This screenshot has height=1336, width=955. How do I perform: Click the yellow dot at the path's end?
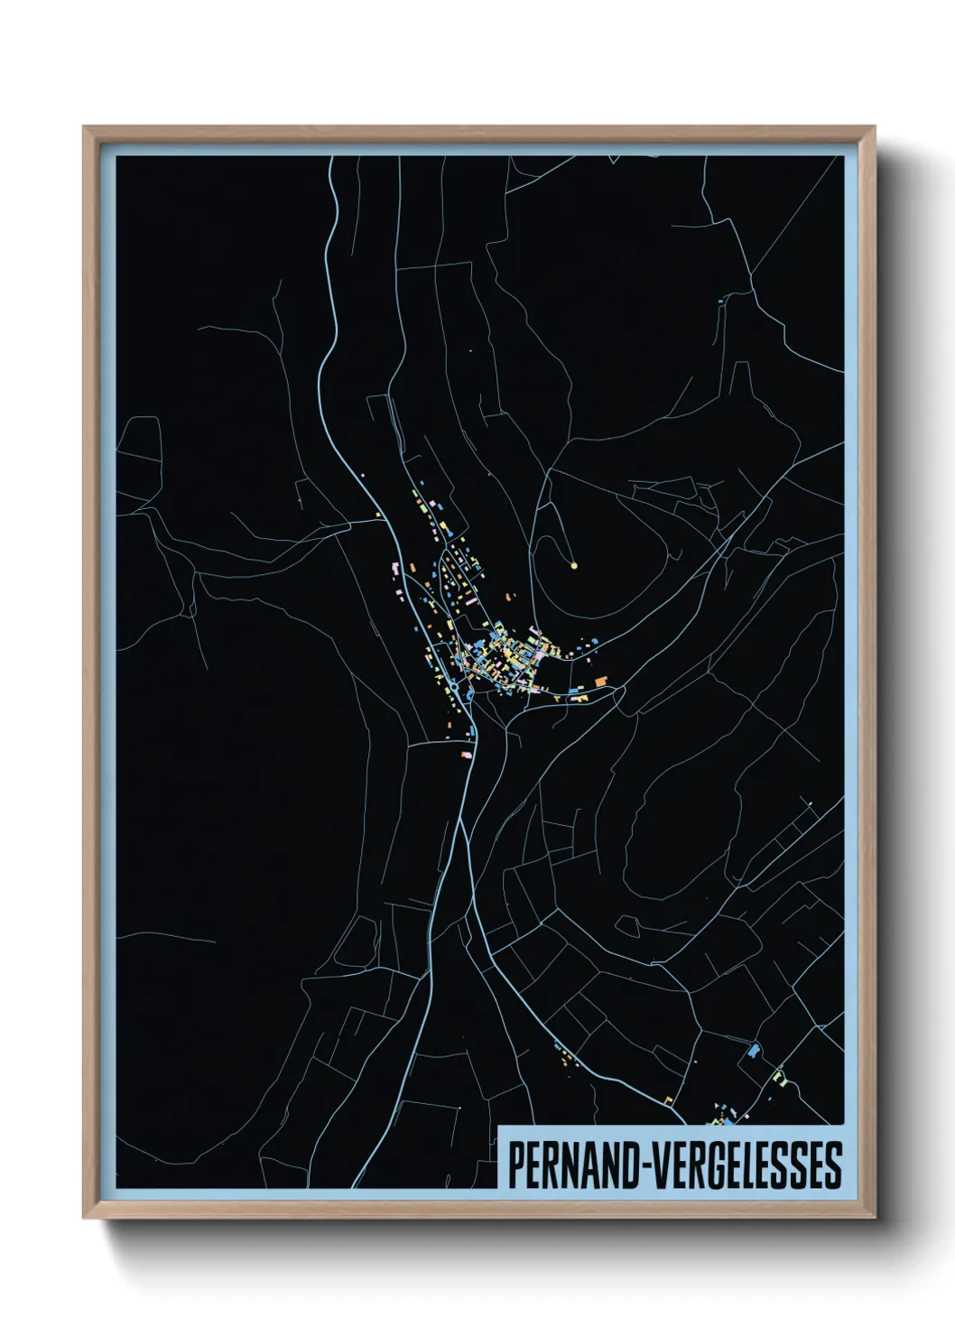tap(574, 566)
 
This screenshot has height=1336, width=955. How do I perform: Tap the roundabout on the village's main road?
tap(468, 695)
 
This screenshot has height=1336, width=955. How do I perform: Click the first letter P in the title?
tap(515, 1165)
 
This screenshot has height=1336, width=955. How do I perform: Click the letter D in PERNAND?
tap(622, 1165)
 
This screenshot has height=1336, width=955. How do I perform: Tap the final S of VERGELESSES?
tap(833, 1165)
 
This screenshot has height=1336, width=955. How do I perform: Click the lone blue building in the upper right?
tap(720, 301)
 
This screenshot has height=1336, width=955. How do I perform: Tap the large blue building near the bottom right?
tap(754, 1051)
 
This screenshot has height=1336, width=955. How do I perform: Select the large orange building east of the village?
tap(600, 681)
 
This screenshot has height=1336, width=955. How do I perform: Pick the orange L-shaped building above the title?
tap(669, 1099)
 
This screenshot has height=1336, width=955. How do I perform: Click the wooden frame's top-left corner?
tap(84, 127)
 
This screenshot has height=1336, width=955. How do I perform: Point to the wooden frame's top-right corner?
tap(875, 127)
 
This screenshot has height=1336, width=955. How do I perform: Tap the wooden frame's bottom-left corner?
tap(84, 1218)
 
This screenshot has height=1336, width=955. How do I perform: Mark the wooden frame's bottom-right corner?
tap(875, 1218)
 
